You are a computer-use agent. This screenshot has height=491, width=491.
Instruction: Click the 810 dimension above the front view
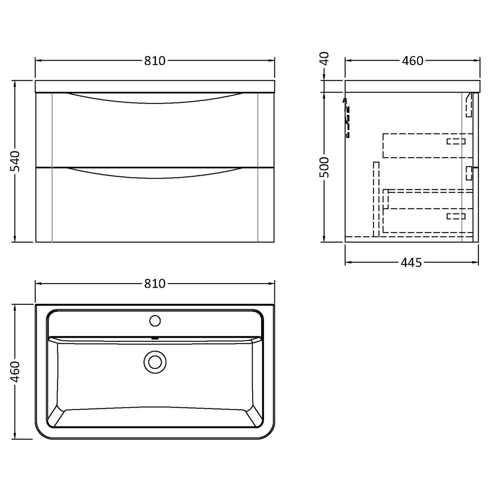coord(154,61)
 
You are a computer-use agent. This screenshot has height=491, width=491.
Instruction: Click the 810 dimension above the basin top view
coord(154,284)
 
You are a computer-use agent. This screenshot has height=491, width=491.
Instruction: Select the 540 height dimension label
coord(15,161)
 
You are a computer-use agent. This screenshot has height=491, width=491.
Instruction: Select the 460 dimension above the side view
coord(412,61)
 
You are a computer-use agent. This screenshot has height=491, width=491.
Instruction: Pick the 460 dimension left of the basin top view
coord(15,372)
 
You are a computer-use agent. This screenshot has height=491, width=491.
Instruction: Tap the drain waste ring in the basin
coord(154,360)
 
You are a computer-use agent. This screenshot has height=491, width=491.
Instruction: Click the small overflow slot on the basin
coord(154,338)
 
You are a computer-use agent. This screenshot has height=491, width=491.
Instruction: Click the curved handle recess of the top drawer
coord(154,99)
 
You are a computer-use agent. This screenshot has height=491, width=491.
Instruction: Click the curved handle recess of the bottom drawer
coord(154,173)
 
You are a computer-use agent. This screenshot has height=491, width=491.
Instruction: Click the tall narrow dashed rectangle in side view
coord(376,199)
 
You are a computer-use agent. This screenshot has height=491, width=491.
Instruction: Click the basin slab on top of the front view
coord(154,86)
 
